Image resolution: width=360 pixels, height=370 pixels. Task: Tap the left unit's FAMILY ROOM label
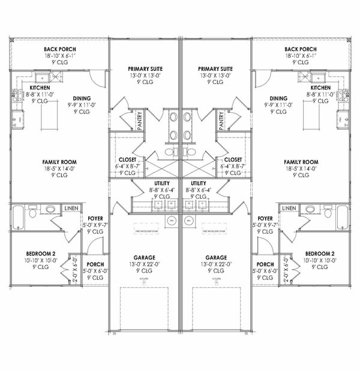click(58, 162)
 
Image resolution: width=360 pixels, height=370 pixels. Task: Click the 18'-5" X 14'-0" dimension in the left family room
click(58, 171)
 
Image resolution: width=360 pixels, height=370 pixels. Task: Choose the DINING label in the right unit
click(278, 98)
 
